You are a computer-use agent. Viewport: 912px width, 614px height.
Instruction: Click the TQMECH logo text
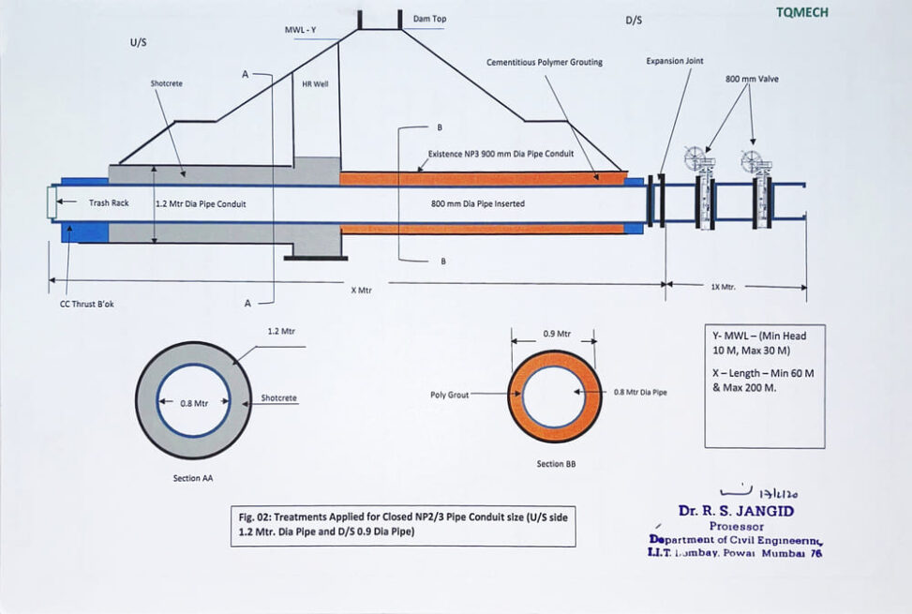801,12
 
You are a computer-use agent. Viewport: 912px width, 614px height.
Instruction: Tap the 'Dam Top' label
428,19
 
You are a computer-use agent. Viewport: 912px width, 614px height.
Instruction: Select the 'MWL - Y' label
301,30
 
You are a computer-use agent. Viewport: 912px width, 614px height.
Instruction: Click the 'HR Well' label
314,83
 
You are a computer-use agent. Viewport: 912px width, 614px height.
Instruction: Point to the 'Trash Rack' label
108,203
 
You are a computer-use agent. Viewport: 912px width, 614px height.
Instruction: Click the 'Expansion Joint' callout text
674,61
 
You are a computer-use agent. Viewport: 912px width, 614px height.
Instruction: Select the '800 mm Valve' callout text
752,79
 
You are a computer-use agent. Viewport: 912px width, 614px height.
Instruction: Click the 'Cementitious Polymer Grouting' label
544,63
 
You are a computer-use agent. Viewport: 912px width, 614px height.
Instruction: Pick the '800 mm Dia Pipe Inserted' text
478,203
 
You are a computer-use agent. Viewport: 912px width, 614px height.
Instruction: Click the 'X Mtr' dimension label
362,290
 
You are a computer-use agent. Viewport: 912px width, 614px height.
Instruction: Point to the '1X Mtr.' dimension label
723,288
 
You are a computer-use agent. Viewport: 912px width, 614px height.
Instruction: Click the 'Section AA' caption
193,478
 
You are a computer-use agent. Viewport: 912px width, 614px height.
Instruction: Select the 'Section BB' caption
550,464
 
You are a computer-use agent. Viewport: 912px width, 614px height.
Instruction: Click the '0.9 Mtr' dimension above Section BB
557,333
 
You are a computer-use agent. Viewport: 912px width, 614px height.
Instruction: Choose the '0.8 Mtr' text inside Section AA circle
193,403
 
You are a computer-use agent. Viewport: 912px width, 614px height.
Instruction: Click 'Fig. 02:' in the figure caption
256,517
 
